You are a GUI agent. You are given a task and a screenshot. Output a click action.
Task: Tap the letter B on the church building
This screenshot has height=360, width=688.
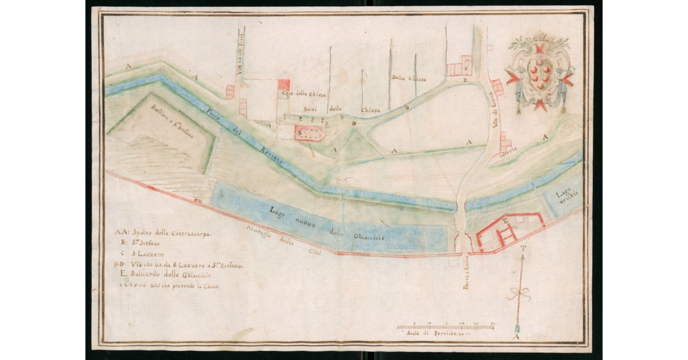click(x=299, y=132)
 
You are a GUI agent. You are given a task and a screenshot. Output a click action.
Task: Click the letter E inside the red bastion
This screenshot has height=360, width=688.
click(x=505, y=220)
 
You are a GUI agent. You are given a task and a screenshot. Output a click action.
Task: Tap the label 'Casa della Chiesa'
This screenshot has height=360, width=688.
click(x=302, y=93)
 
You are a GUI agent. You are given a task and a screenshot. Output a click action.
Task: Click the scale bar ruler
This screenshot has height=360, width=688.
click(x=445, y=327)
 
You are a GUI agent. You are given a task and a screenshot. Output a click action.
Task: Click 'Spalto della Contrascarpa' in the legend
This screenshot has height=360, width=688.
click(x=168, y=233)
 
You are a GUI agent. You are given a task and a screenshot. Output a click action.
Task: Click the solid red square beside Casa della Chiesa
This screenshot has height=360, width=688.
click(x=283, y=84)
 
